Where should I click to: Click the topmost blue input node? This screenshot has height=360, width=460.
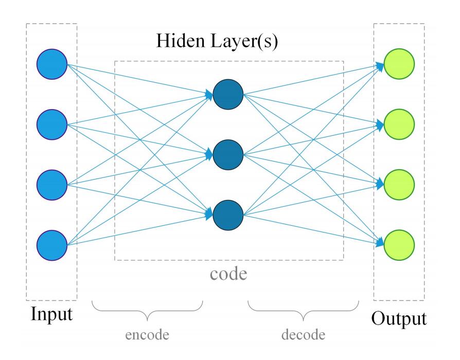pyautogui.click(x=52, y=64)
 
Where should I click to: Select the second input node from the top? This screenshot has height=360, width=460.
pyautogui.click(x=52, y=124)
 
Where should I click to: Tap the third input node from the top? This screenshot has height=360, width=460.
pyautogui.click(x=52, y=185)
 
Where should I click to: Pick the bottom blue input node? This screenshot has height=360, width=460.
pyautogui.click(x=52, y=245)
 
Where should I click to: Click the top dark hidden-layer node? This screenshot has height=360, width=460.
pyautogui.click(x=228, y=95)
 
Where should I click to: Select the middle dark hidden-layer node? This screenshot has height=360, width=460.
pyautogui.click(x=228, y=155)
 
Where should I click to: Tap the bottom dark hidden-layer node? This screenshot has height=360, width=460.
pyautogui.click(x=228, y=215)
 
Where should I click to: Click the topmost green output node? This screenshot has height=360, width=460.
pyautogui.click(x=399, y=64)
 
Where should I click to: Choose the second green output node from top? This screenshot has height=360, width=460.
pyautogui.click(x=399, y=124)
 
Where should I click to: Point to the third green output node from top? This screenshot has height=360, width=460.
pyautogui.click(x=399, y=185)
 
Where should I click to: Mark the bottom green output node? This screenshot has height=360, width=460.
pyautogui.click(x=399, y=245)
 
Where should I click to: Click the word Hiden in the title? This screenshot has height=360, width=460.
pyautogui.click(x=181, y=41)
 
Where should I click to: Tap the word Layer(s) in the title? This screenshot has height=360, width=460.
pyautogui.click(x=244, y=42)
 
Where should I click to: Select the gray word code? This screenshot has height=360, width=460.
pyautogui.click(x=228, y=274)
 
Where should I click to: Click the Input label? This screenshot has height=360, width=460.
pyautogui.click(x=51, y=315)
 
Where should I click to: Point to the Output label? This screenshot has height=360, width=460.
pyautogui.click(x=399, y=319)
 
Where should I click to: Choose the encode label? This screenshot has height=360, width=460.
pyautogui.click(x=147, y=335)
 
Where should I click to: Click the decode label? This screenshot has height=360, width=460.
pyautogui.click(x=304, y=335)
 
